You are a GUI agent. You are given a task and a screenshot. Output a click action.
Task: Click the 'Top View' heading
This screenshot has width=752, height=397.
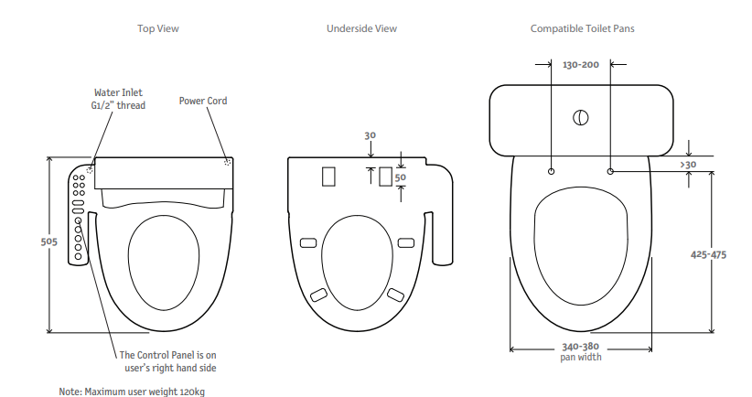point(157,29)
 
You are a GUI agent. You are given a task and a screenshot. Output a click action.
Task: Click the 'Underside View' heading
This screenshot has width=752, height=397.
point(361,29)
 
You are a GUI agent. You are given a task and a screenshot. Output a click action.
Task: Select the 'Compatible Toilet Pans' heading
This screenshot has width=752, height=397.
point(582,29)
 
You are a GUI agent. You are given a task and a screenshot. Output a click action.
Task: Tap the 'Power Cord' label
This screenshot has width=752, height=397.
point(203,101)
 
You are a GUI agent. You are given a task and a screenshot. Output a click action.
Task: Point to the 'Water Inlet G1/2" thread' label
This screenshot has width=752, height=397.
point(119,98)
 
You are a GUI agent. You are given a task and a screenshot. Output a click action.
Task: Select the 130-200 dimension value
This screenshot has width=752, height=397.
point(581,65)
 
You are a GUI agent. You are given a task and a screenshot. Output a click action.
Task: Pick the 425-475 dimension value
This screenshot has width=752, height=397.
point(708,254)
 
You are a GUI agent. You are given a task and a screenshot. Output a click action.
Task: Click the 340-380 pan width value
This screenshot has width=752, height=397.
point(581,347)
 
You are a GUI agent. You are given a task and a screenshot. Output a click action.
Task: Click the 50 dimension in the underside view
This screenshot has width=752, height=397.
point(400,177)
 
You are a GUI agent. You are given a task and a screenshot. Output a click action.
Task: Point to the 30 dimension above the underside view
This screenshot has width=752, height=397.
point(370,135)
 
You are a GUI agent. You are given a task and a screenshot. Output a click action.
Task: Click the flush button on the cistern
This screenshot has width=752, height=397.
point(581,117)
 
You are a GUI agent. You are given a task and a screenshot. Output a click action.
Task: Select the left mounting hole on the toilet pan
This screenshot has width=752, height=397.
point(552,171)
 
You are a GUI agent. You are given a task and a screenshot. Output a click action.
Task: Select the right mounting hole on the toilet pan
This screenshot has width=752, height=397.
point(610,171)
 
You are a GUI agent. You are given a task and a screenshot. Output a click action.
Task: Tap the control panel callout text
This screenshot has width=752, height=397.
point(167,360)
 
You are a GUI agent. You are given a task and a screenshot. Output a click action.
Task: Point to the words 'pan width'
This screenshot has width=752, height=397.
point(581,357)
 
